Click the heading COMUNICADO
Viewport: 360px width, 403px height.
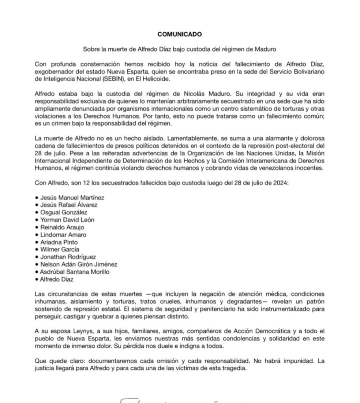coord(180,34)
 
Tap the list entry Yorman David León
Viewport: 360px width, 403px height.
coord(67,220)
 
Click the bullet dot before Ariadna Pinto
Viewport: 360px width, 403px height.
coord(37,242)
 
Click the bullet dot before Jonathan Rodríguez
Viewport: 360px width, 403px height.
coord(37,257)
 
